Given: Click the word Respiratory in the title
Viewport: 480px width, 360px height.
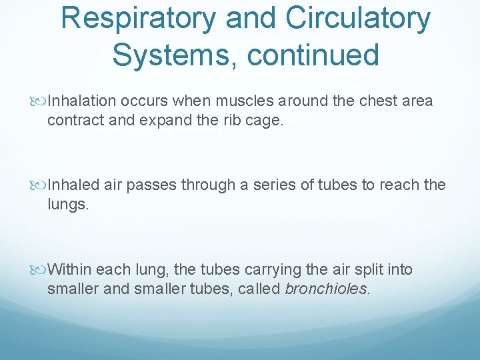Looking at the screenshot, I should point(138,19).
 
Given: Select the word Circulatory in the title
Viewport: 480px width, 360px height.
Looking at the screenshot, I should point(358,19).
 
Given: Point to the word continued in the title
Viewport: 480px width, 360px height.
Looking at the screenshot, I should point(313,55).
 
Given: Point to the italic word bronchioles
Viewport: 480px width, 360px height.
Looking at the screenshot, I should point(326,289).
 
